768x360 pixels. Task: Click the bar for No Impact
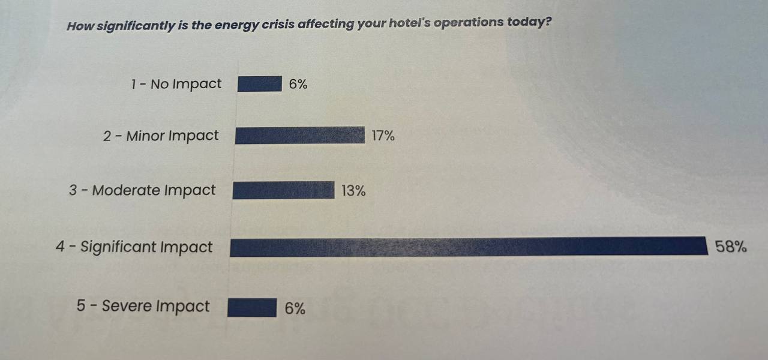click(259, 84)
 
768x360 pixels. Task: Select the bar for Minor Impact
click(299, 136)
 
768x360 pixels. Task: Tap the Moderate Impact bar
click(283, 190)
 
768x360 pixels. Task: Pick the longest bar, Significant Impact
click(468, 247)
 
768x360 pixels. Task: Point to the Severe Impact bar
click(252, 308)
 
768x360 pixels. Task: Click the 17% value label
click(383, 136)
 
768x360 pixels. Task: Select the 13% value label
click(353, 191)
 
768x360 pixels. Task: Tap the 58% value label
click(731, 246)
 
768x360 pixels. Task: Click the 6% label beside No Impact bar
click(298, 85)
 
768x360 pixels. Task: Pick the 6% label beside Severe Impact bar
click(295, 308)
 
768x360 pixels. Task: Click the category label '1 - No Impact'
click(176, 84)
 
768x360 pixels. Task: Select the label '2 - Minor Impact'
click(161, 136)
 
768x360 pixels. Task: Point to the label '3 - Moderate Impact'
click(142, 191)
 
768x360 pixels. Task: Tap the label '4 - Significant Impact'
click(134, 247)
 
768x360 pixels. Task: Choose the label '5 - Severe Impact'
click(143, 306)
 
